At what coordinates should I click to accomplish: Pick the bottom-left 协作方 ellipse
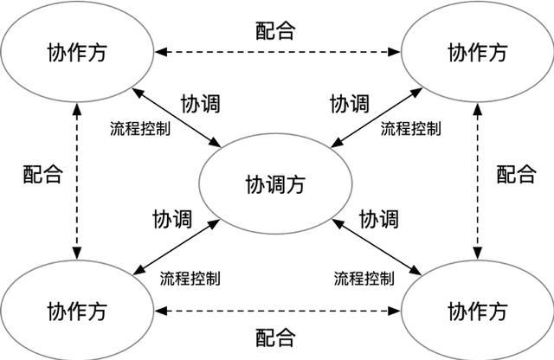pyautogui.click(x=77, y=310)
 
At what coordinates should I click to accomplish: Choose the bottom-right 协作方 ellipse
pyautogui.click(x=477, y=310)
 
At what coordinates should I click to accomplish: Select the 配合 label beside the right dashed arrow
pyautogui.click(x=516, y=173)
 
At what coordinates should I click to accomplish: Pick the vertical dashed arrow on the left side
pyautogui.click(x=78, y=180)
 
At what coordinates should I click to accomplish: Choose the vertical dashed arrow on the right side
pyautogui.click(x=477, y=180)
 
